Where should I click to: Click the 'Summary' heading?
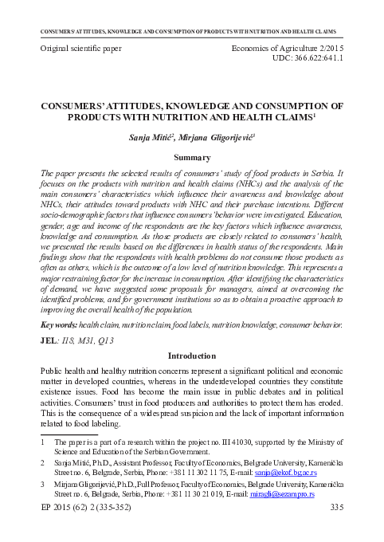coord(191,157)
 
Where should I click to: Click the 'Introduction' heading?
coord(191,355)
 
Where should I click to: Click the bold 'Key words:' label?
coord(58,324)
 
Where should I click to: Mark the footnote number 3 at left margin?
coord(42,484)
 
